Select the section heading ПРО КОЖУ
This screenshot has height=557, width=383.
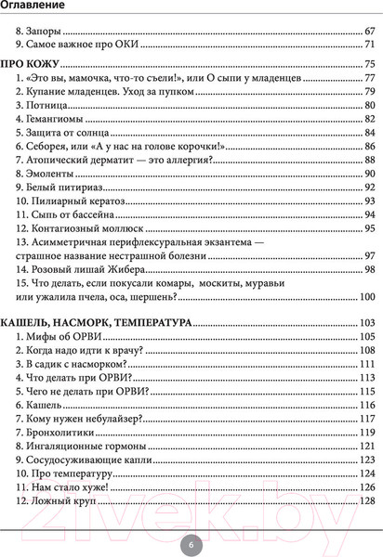tap(31, 63)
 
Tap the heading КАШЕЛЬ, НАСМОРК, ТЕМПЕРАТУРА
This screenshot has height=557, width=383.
tap(98, 322)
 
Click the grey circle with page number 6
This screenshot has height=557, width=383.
tap(191, 545)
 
